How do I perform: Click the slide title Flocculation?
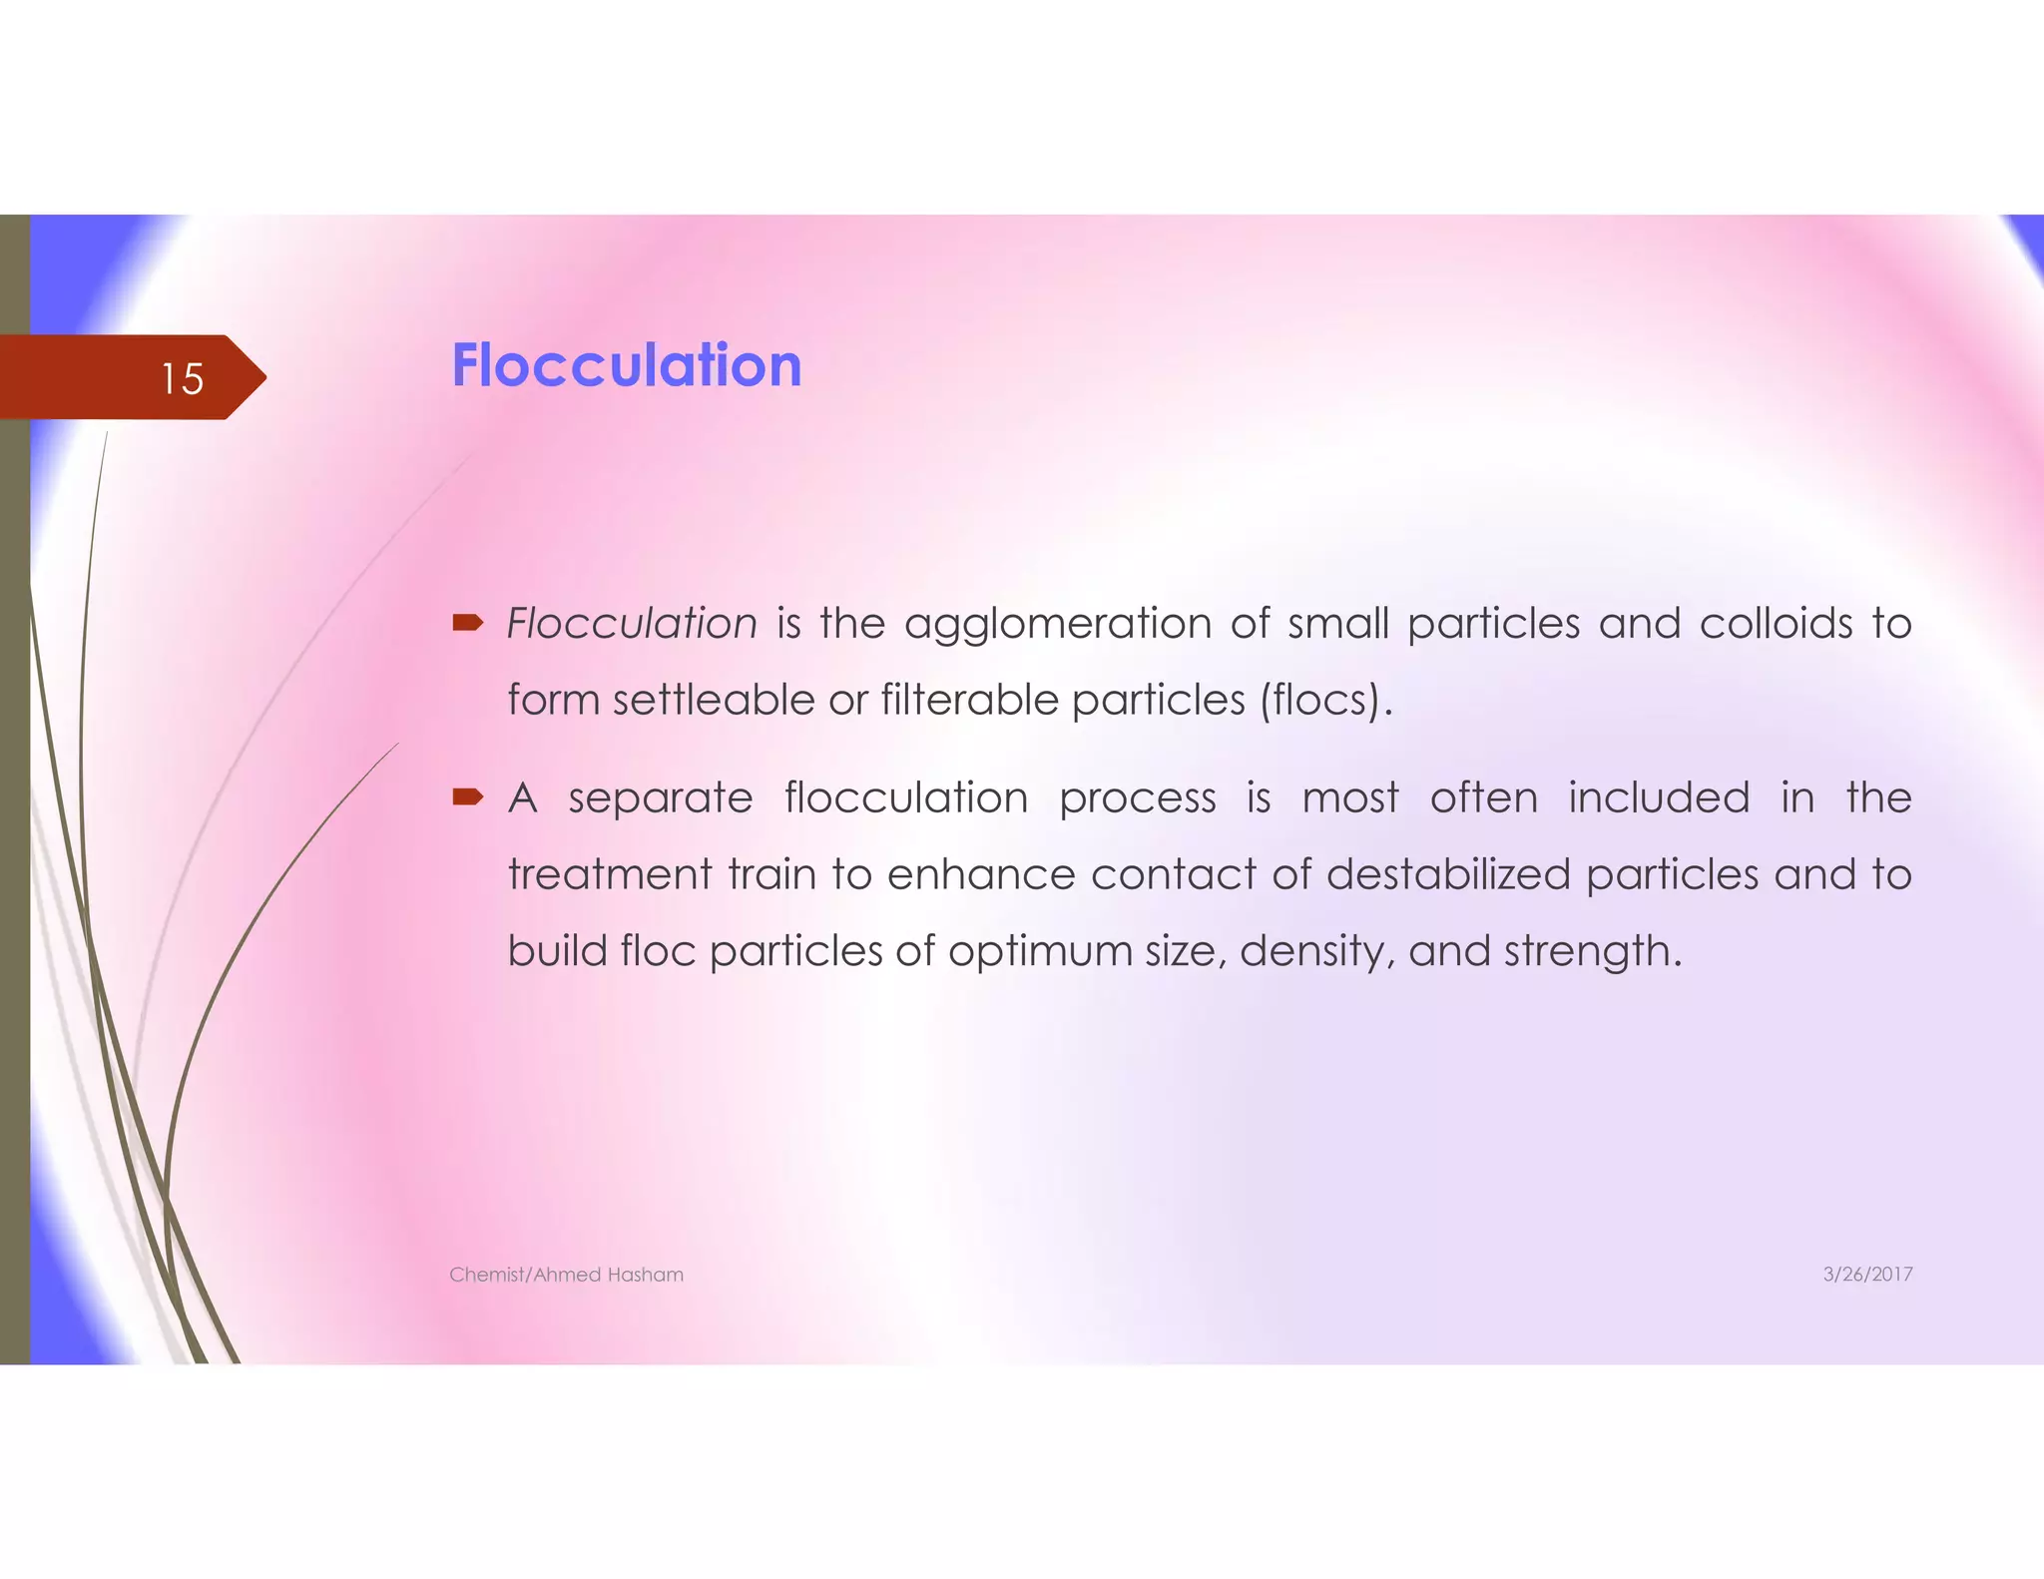click(626, 365)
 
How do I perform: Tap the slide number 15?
click(182, 379)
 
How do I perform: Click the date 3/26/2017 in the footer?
click(1867, 1275)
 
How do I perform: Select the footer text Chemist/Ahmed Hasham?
click(566, 1275)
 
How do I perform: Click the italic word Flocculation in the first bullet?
click(632, 624)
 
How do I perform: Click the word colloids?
click(1776, 624)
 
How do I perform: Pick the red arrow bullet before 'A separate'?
click(468, 796)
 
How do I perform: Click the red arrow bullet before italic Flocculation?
click(468, 624)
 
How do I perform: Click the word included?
click(1659, 797)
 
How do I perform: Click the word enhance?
click(981, 874)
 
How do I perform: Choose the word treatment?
click(609, 874)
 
